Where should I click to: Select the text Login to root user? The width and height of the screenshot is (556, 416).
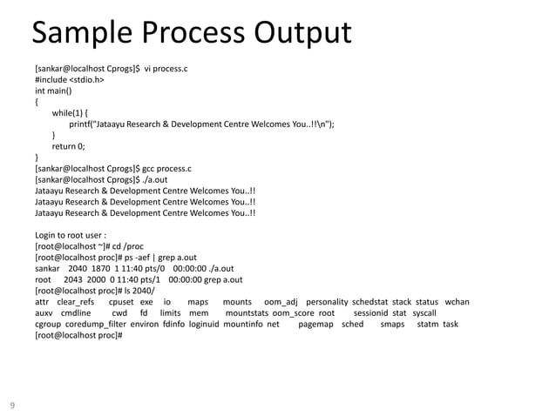coord(70,235)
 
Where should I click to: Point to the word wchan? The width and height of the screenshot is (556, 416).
coord(457,302)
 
